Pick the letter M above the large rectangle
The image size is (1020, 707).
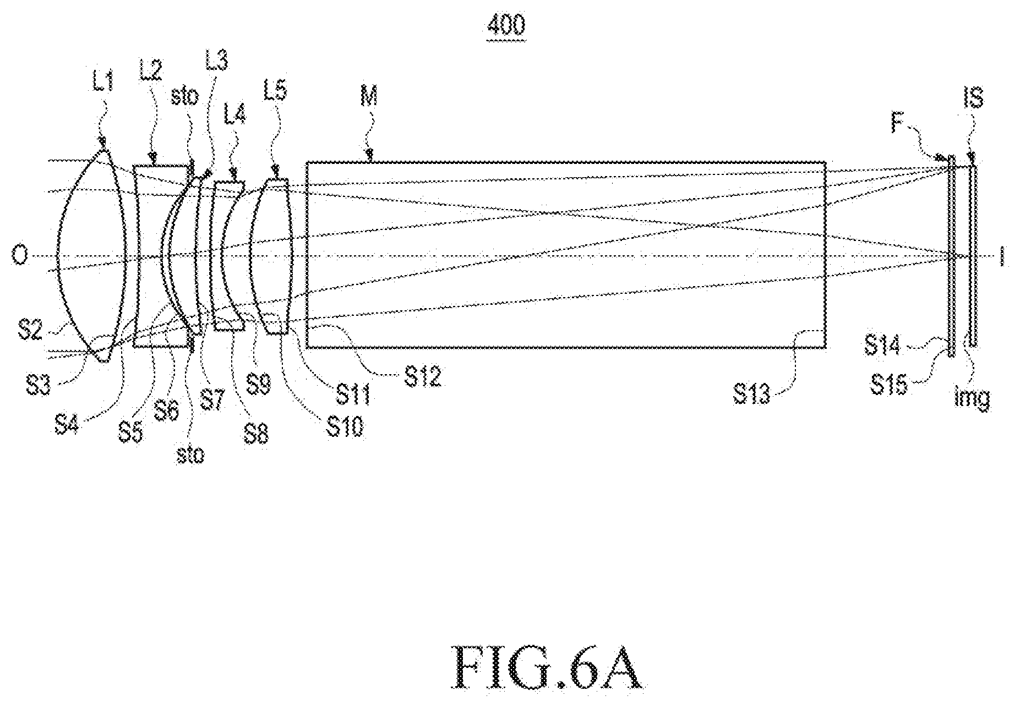(369, 97)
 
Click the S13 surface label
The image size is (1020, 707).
(752, 394)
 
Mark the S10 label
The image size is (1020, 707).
(345, 427)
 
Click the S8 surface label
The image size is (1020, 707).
(255, 434)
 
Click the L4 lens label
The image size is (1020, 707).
(238, 115)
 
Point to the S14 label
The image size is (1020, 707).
(882, 346)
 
